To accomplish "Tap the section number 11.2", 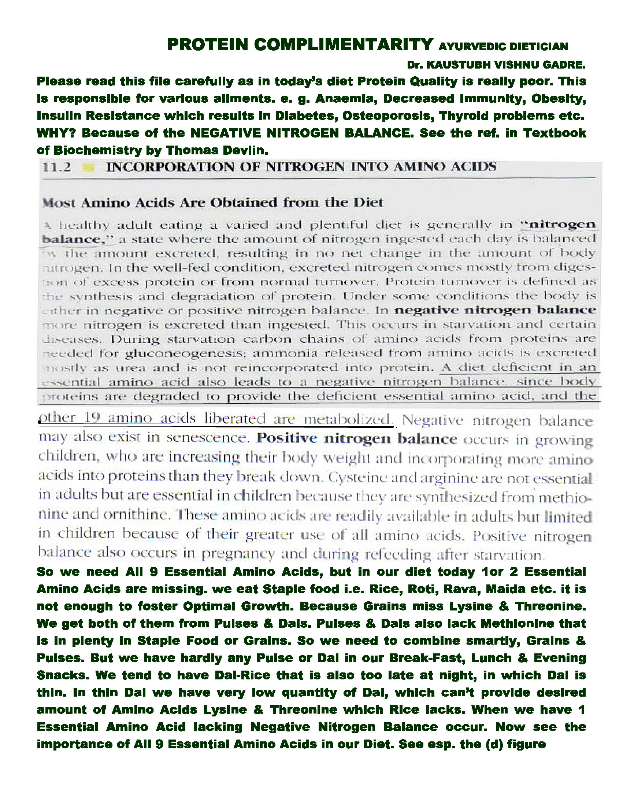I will click(57, 168).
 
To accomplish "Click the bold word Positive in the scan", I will click(287, 438).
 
